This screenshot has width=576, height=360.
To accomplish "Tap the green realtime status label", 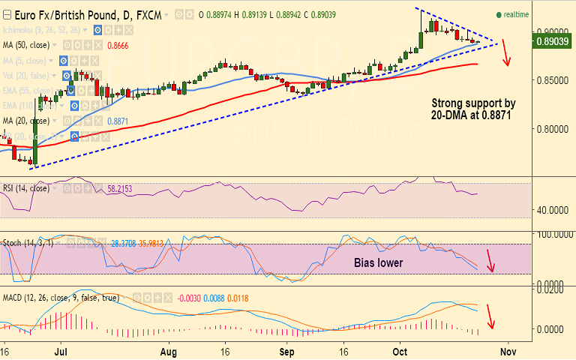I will pos(516,14).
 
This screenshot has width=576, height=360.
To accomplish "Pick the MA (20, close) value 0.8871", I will pos(117,120).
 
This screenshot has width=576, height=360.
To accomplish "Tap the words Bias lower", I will pos(379,263).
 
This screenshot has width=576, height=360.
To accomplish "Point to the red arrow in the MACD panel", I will pos(491,316).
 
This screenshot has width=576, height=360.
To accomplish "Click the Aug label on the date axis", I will pos(169,350).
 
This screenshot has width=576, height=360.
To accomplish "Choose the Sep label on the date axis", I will pos(286,350).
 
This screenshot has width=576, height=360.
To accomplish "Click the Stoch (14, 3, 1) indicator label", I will pos(28,243).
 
